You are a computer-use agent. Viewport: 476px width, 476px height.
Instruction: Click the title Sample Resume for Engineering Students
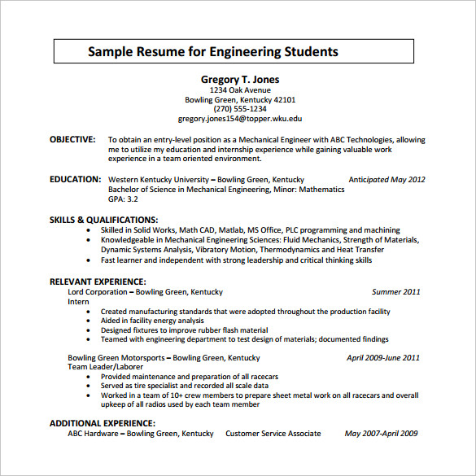click(213, 52)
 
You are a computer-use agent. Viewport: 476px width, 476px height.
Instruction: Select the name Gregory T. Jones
click(240, 79)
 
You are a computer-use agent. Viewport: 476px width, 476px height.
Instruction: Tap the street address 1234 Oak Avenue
click(240, 90)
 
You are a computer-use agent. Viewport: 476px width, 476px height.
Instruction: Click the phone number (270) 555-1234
click(240, 108)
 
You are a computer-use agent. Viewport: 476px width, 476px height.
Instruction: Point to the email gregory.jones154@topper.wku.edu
click(240, 119)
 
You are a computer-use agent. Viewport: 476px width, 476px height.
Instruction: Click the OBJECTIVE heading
click(72, 139)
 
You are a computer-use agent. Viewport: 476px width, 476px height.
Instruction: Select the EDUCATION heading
click(75, 179)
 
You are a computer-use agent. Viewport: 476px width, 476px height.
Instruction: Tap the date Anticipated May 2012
click(386, 179)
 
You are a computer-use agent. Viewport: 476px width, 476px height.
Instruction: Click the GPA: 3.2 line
click(123, 199)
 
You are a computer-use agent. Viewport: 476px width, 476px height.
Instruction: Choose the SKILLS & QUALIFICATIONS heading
click(103, 220)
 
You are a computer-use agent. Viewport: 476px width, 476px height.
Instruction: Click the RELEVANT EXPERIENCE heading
click(98, 282)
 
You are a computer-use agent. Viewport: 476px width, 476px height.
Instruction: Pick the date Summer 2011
click(396, 291)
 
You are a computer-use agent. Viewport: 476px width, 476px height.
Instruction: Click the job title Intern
click(78, 301)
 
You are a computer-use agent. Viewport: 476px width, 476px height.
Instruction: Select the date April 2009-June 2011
click(383, 357)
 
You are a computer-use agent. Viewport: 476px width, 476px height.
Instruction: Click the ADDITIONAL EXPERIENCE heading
click(103, 423)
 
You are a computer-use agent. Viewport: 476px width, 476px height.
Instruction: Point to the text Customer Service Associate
click(273, 434)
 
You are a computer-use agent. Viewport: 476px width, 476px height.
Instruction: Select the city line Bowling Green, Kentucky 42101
click(240, 99)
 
